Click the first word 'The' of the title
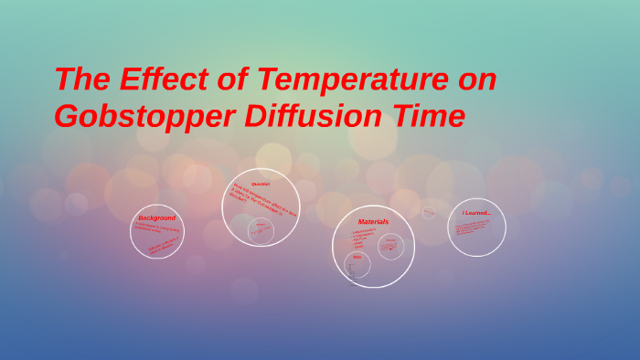point(80,79)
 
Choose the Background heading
point(157,217)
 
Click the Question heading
point(261,184)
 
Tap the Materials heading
point(373,221)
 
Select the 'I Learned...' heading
point(476,213)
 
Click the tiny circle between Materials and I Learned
point(428,212)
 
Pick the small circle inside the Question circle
point(261,229)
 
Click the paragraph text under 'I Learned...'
point(474,227)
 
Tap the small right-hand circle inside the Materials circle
point(390,246)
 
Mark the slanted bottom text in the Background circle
point(162,245)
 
